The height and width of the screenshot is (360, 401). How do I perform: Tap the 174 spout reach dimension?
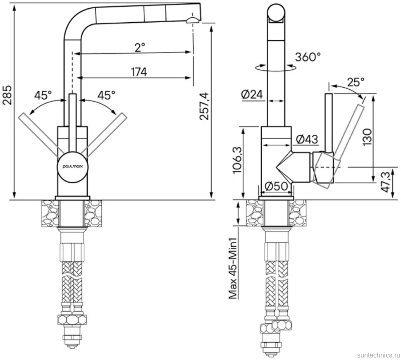point(139,72)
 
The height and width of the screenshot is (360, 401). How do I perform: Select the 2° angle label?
point(140,48)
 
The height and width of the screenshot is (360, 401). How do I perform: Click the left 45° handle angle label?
point(43,95)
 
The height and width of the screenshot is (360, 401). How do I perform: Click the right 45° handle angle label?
point(106,95)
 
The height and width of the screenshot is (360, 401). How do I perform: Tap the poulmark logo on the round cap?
point(73,166)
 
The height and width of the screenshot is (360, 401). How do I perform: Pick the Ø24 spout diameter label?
point(252,95)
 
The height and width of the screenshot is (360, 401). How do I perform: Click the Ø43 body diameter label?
point(307,139)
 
